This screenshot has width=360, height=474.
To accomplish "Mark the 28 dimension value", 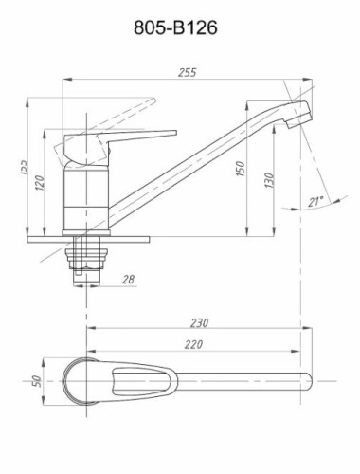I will [130, 278].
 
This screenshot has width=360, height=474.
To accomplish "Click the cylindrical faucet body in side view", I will [87, 194].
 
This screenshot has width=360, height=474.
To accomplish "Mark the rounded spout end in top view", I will [308, 382].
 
